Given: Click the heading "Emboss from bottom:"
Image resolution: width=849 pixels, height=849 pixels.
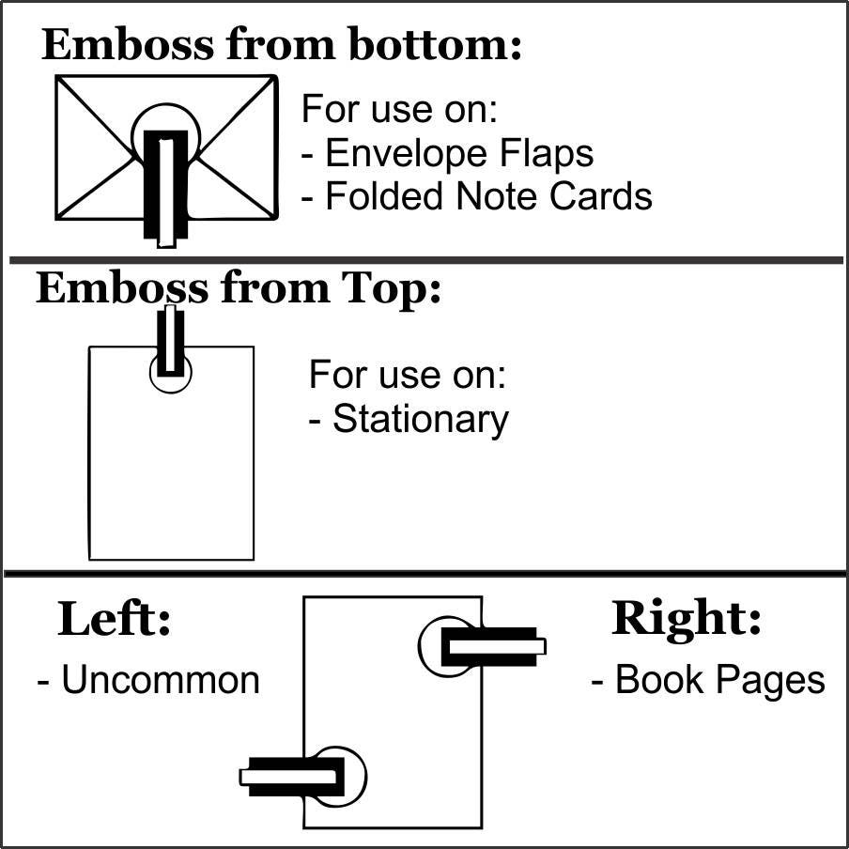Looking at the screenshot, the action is click(282, 45).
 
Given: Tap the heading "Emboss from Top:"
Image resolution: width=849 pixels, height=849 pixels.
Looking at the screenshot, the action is click(239, 289).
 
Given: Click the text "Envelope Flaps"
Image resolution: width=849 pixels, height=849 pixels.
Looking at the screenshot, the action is click(459, 153).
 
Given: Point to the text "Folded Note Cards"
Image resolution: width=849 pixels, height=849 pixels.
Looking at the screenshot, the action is click(488, 195).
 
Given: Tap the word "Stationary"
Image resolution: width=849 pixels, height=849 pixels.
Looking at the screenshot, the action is click(421, 419).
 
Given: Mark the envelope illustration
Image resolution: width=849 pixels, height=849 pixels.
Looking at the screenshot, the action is click(167, 147).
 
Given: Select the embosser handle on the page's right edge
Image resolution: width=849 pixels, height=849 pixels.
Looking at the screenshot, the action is click(494, 646).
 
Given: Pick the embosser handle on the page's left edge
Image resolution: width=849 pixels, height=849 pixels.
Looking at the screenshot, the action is click(292, 777).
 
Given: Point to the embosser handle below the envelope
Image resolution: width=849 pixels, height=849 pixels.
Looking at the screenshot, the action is click(166, 189).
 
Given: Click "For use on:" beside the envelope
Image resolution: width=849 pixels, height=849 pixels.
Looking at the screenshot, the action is click(399, 109).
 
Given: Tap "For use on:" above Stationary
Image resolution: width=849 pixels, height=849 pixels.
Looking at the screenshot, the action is click(408, 375).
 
